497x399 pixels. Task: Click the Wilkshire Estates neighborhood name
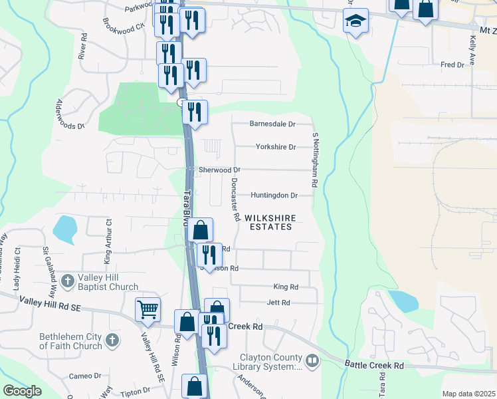268,222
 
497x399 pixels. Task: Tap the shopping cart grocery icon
148,308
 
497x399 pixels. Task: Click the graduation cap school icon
355,22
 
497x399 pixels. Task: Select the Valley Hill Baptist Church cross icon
66,282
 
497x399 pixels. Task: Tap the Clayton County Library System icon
312,361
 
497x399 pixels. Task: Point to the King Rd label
286,287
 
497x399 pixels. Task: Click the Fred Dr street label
452,65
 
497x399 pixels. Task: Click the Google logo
23,391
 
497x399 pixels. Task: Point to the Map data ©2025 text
468,394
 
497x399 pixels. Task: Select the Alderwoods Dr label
71,114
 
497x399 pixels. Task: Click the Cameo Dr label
85,376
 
